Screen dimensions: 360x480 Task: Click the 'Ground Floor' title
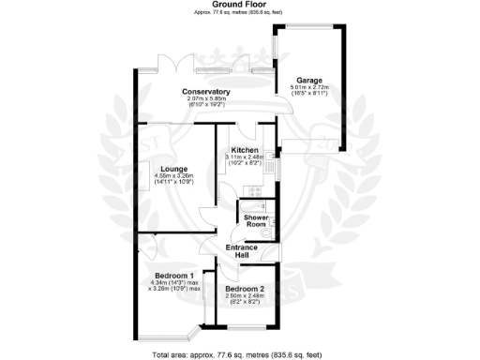[x=239, y=4]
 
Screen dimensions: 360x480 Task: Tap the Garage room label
[x=308, y=80]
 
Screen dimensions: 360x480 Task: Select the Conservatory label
[x=206, y=91]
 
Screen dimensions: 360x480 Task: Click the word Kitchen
[x=246, y=150]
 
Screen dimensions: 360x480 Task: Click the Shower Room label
[x=257, y=221]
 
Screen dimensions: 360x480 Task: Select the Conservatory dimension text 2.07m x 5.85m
[x=206, y=98]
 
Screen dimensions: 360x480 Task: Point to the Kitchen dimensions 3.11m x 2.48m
[x=246, y=157]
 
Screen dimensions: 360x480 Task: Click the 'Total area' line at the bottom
[x=239, y=354]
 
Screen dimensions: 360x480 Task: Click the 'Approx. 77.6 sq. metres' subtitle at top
[x=239, y=12]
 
